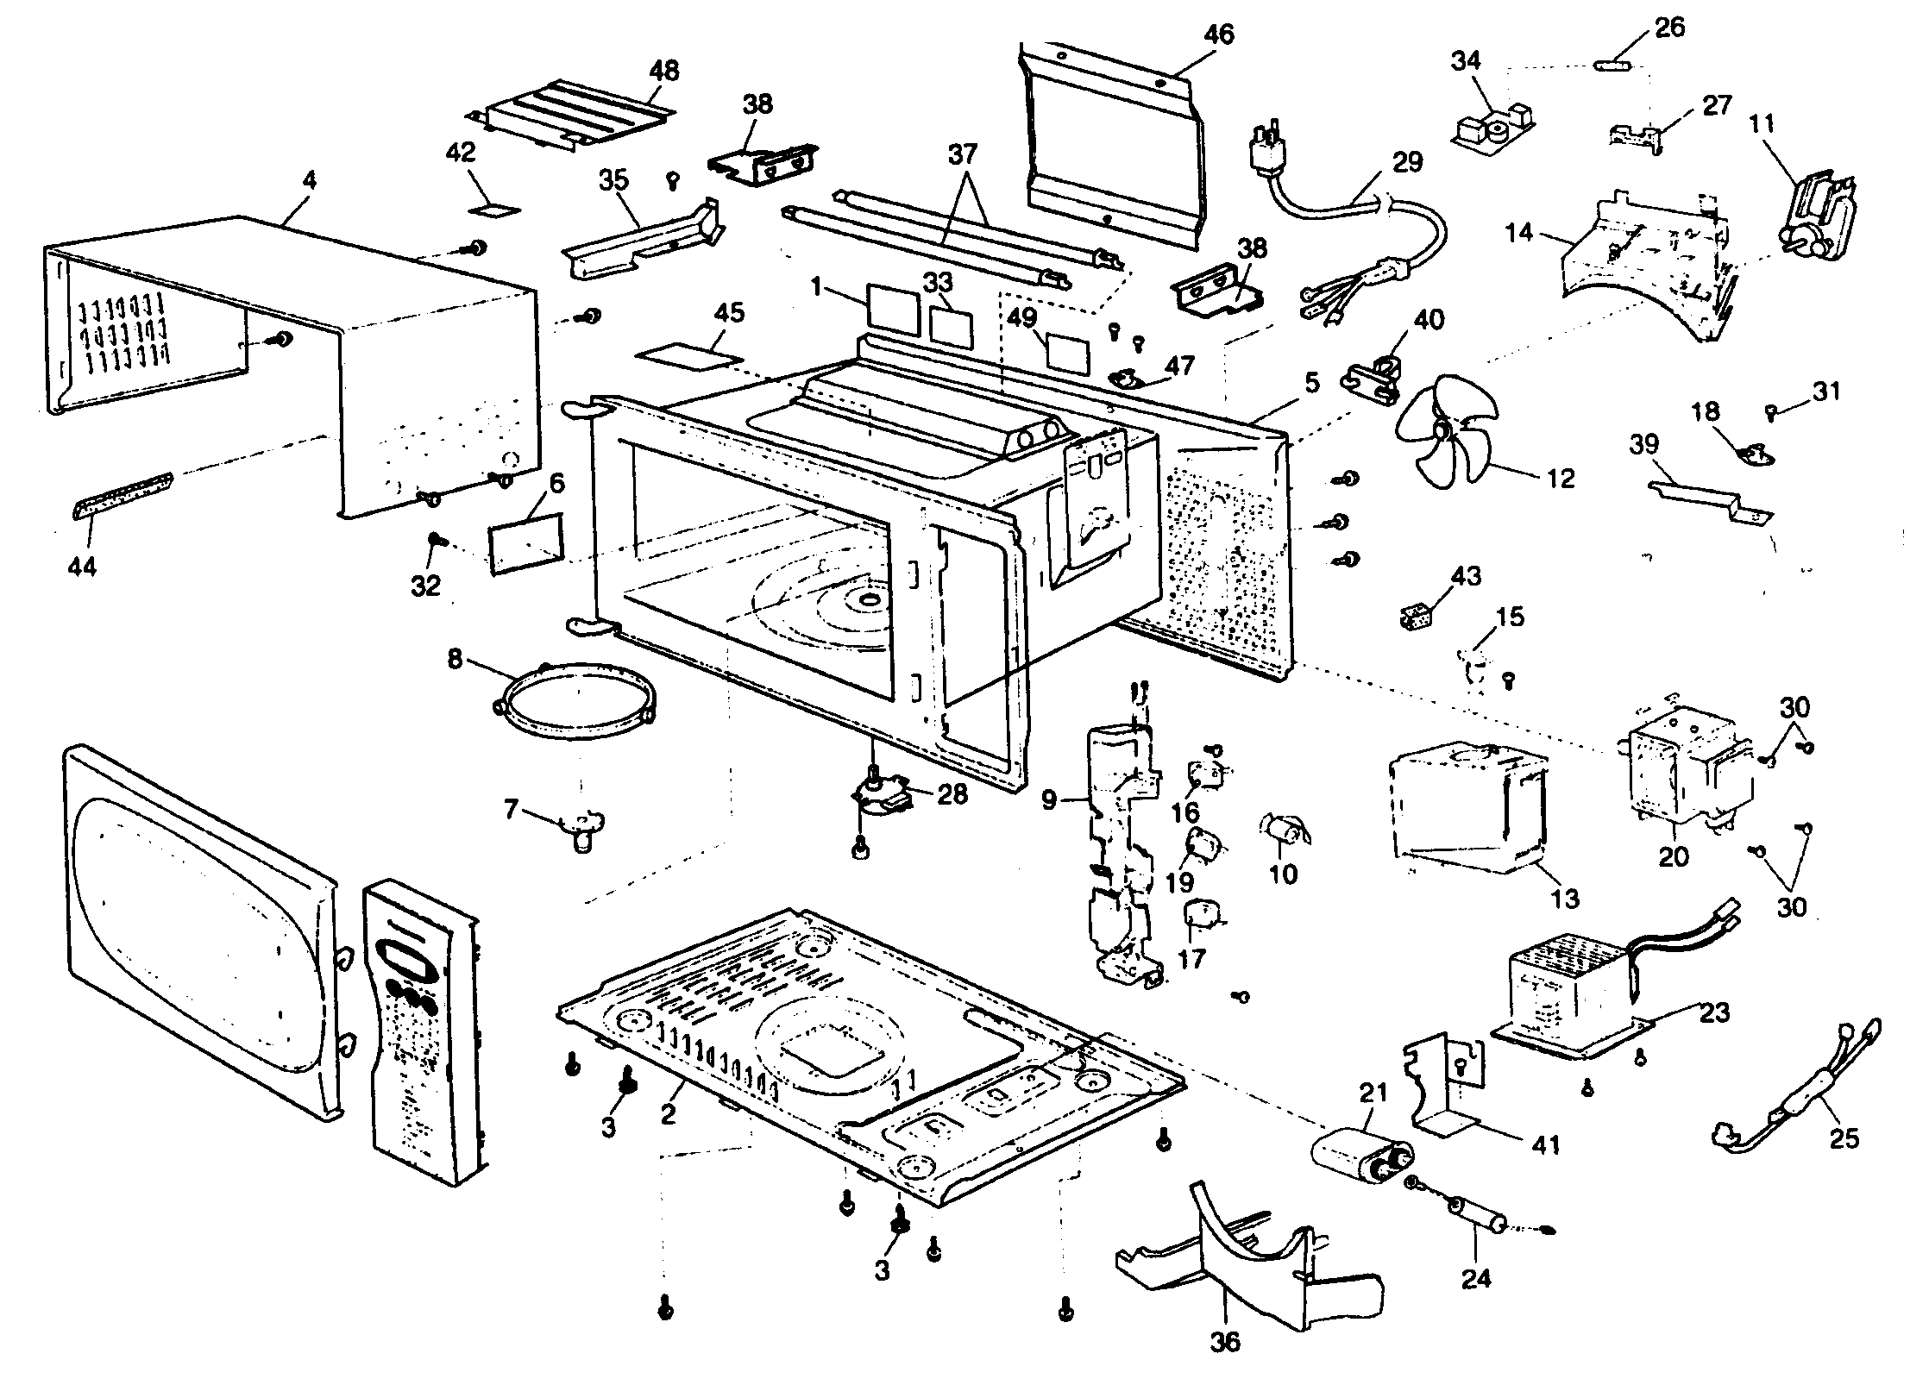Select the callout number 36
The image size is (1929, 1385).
pos(1225,1341)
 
